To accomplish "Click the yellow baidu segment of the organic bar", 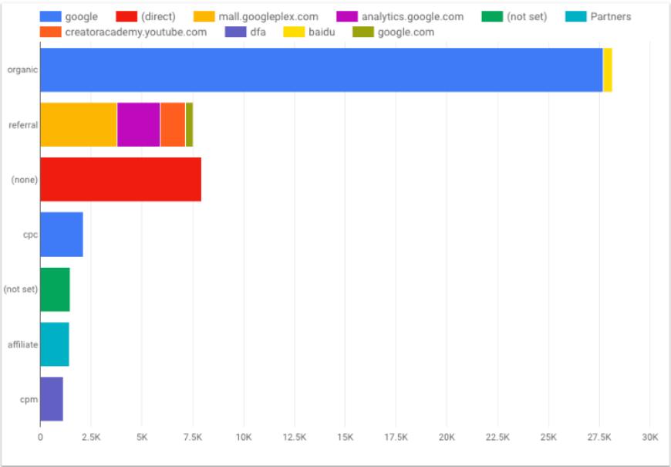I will [x=608, y=70].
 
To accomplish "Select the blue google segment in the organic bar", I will [x=321, y=70].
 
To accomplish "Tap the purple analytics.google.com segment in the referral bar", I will [x=138, y=124].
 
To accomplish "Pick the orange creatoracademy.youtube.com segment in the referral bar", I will [x=173, y=124].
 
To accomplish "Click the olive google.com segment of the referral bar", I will [x=189, y=124].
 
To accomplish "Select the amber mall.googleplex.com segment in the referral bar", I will [x=78, y=124].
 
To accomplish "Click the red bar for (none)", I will [x=120, y=180].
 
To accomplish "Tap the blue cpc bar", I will [x=61, y=235].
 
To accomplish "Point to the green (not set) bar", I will [x=55, y=289].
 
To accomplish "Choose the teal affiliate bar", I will [x=54, y=344].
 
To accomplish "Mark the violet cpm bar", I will [x=51, y=399].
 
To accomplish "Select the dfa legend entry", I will [x=258, y=32].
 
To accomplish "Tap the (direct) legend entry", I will [x=158, y=16].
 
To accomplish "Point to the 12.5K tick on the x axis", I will [x=294, y=437].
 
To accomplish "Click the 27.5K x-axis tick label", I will [x=599, y=437].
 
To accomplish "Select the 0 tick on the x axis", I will [x=40, y=437].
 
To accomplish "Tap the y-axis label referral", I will [x=23, y=125].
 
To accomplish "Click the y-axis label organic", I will [x=23, y=70].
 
